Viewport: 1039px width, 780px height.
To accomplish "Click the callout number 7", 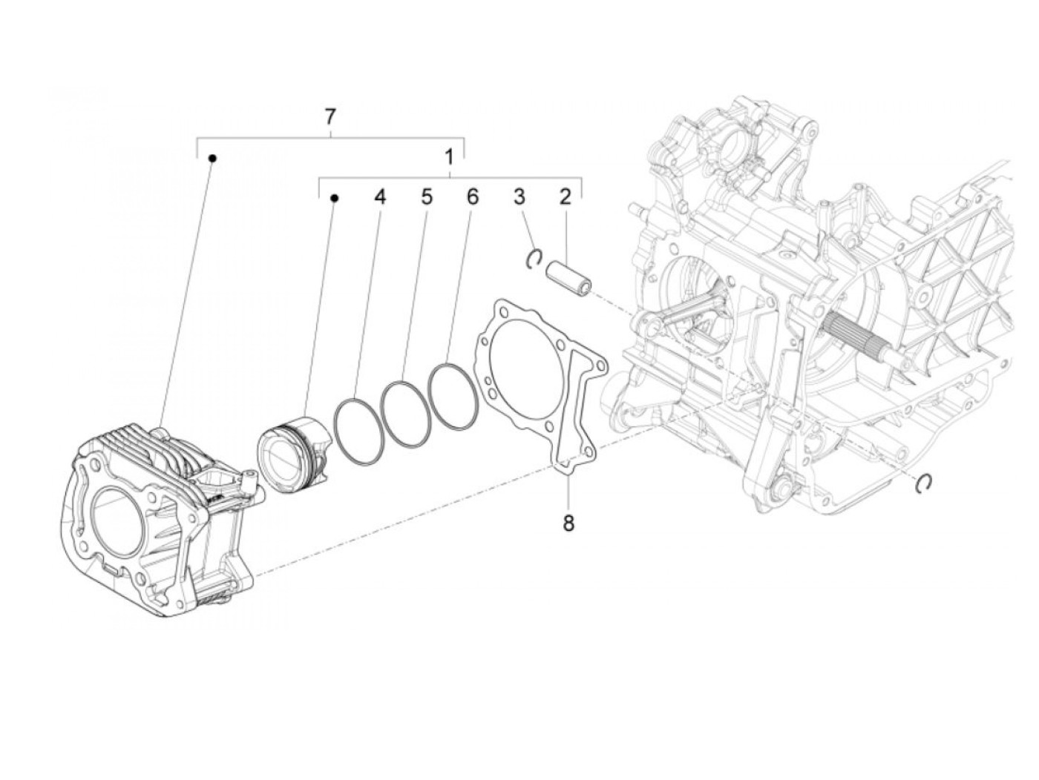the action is tap(330, 116).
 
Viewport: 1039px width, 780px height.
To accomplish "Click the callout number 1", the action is tap(449, 157).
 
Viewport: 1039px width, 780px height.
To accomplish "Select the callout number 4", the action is tap(380, 197).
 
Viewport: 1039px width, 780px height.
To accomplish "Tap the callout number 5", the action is tap(427, 197).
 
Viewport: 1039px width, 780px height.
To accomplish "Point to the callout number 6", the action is tap(472, 197).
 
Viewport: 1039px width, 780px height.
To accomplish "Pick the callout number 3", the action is tap(519, 197).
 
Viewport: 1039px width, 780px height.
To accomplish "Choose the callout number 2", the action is tap(566, 197).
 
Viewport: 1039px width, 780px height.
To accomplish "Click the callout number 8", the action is tap(568, 523).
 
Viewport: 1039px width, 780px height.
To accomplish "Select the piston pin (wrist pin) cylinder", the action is tap(569, 277).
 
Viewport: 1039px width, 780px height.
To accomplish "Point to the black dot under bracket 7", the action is tap(212, 158).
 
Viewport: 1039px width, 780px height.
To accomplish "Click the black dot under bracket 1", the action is tap(334, 198).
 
